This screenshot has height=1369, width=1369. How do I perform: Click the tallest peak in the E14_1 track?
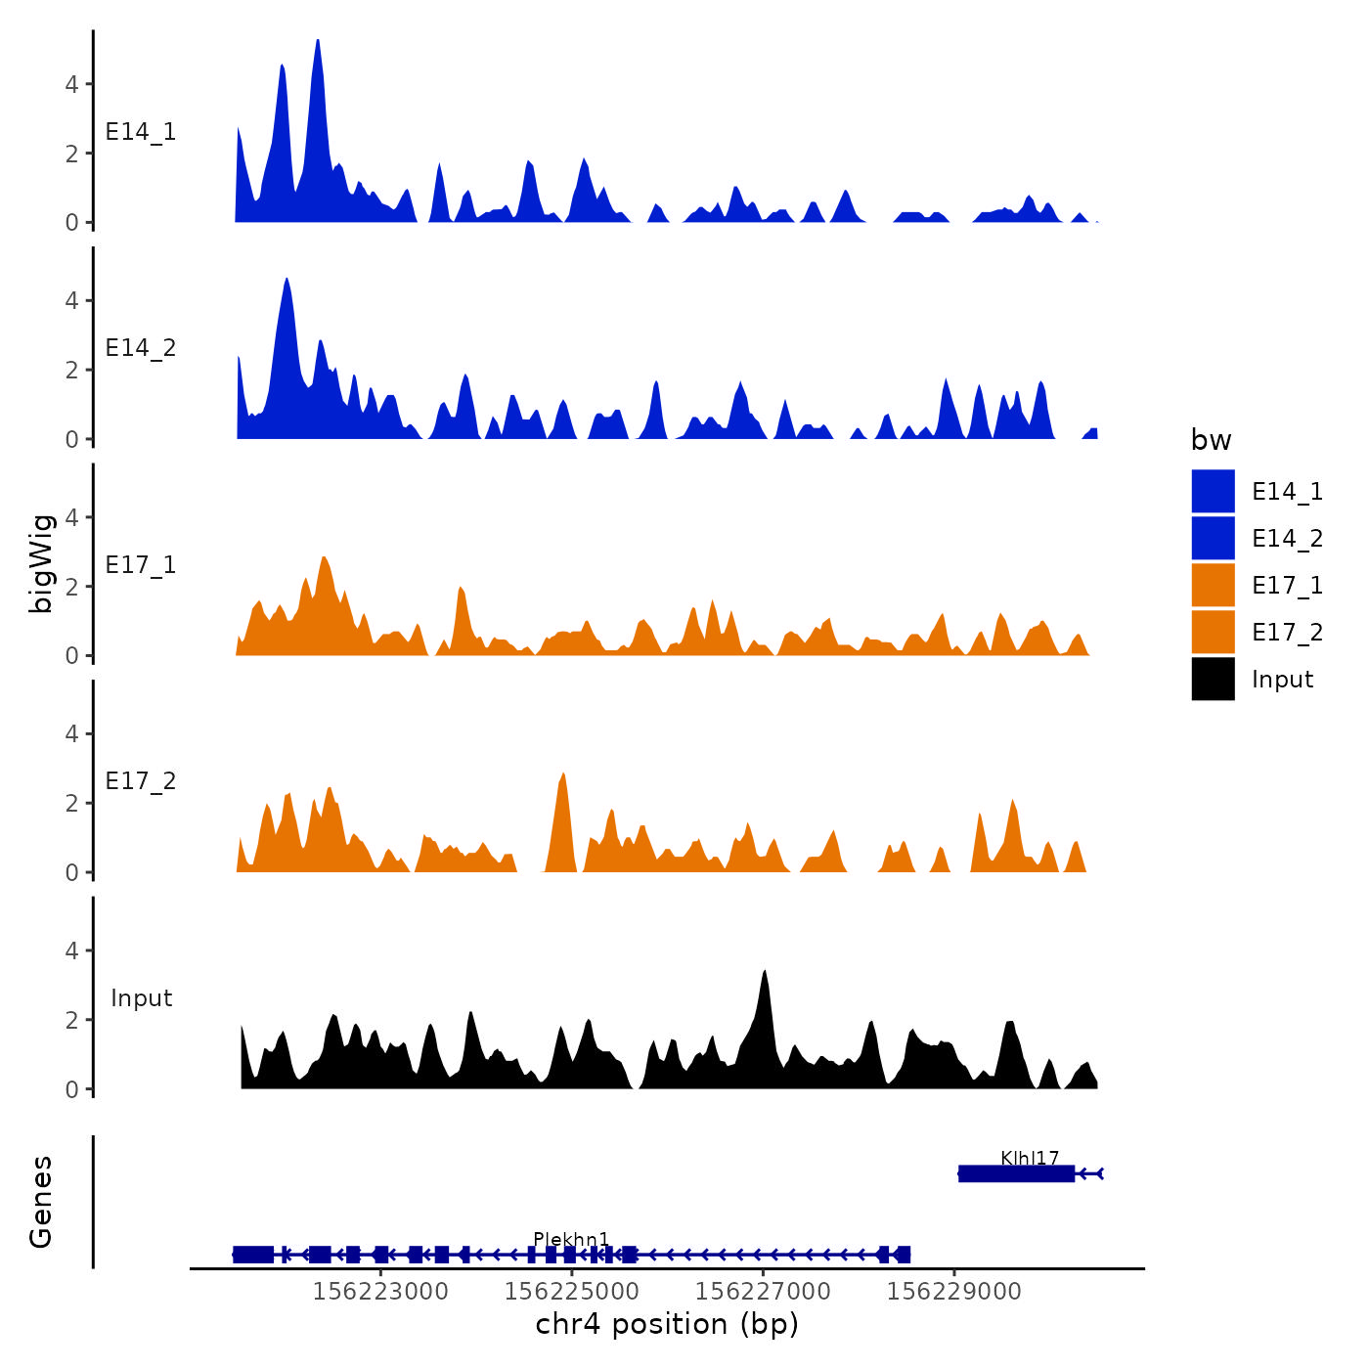(318, 43)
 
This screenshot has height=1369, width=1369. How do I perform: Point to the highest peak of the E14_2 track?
(287, 282)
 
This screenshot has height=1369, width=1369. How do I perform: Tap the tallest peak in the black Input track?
(765, 974)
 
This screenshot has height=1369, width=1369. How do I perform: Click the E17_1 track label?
(141, 565)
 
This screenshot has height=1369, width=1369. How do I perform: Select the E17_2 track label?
(141, 781)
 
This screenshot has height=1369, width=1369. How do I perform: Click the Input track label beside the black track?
(141, 998)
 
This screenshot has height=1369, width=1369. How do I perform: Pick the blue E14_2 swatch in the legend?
(1213, 538)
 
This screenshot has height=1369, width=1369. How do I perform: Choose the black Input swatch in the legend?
(1213, 679)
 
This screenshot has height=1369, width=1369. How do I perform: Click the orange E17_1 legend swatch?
(1213, 585)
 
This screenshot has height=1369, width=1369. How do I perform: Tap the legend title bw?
(1211, 440)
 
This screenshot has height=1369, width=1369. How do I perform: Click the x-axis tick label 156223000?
(380, 1292)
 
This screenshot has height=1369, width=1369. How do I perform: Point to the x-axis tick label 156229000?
(954, 1292)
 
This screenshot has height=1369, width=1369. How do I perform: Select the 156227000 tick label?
(763, 1292)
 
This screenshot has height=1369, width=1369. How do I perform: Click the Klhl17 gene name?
(1030, 1159)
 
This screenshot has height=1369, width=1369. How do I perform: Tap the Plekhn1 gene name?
(571, 1240)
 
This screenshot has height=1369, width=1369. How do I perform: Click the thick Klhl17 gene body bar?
(1016, 1173)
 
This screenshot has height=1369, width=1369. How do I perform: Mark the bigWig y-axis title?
(41, 563)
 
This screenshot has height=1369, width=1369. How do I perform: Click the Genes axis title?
(41, 1202)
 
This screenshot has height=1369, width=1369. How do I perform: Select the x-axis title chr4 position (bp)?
(667, 1324)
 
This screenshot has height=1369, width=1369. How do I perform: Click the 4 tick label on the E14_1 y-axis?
(71, 84)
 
